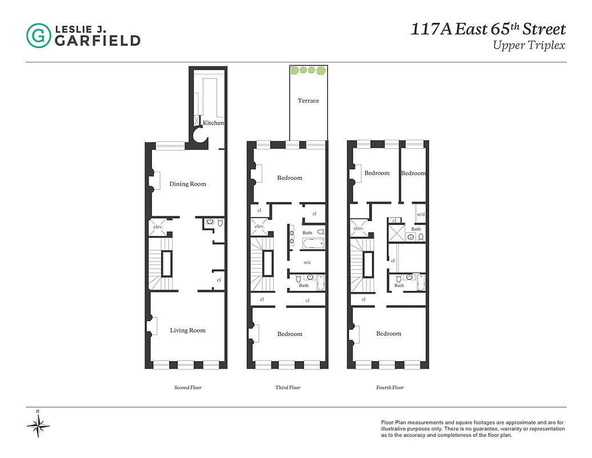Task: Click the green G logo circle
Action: click(x=38, y=35)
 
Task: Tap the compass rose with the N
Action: click(x=38, y=425)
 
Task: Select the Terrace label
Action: click(x=308, y=101)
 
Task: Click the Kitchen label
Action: click(x=213, y=123)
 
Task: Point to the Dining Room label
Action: click(x=187, y=184)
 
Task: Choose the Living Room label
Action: click(x=187, y=330)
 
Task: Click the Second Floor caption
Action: click(x=187, y=388)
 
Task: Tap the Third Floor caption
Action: click(x=287, y=388)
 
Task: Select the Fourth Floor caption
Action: click(x=390, y=388)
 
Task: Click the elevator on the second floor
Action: click(x=158, y=226)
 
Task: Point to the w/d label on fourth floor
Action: click(x=421, y=215)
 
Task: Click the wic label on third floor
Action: click(x=307, y=262)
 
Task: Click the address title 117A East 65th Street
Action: click(x=488, y=29)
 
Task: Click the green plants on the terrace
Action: click(x=308, y=70)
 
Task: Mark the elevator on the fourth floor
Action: click(x=358, y=228)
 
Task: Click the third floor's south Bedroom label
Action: click(x=290, y=334)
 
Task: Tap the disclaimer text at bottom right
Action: click(x=473, y=428)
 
